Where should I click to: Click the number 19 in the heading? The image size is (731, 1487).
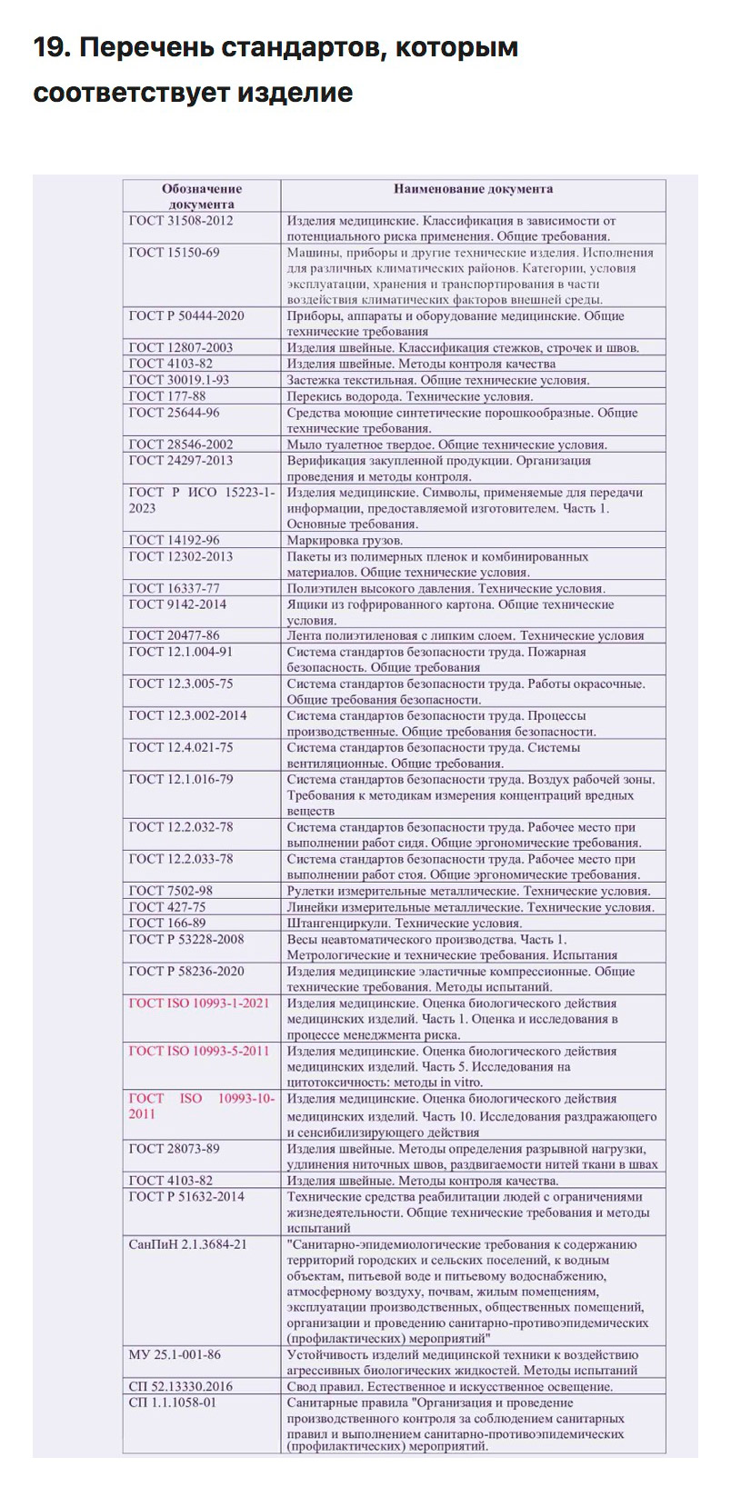[49, 48]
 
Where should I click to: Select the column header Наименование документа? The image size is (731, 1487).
[473, 189]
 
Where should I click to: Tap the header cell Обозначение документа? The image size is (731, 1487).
[202, 196]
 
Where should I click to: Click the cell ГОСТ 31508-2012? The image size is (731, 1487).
[181, 220]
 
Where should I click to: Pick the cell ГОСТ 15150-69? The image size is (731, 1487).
[174, 252]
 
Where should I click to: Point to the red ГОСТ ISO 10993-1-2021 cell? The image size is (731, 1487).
[199, 1003]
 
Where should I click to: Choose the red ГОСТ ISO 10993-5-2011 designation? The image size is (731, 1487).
[199, 1051]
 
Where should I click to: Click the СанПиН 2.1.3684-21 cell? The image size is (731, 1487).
[187, 1244]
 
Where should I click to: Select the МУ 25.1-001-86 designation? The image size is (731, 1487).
[175, 1354]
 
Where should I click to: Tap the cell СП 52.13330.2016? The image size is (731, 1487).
[180, 1386]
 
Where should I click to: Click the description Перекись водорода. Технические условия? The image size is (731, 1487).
[410, 396]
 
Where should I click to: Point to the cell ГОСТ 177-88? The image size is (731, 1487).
[167, 396]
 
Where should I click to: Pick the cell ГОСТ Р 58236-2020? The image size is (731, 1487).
[186, 971]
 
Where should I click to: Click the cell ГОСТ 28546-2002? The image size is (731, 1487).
[181, 444]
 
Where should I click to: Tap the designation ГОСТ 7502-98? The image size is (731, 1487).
[171, 891]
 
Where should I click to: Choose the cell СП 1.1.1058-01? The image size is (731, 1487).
[173, 1402]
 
